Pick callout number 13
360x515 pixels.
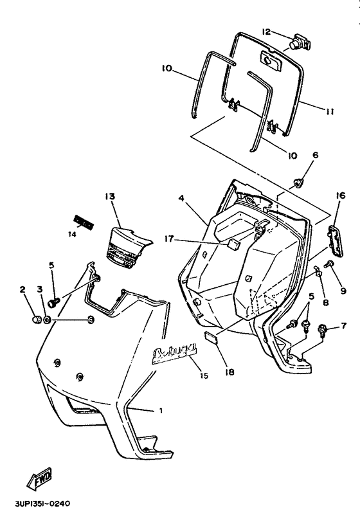coord(109,195)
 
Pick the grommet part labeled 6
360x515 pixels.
coord(299,184)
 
